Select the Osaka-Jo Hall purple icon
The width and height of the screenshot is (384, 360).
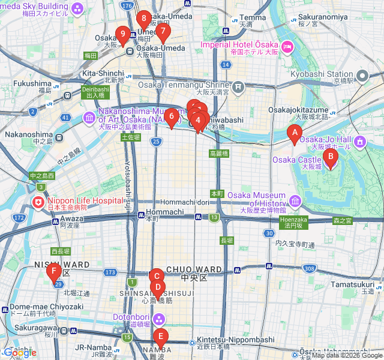(359, 142)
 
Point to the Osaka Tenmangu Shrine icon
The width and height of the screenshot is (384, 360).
(238, 89)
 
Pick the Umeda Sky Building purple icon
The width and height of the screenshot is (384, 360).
(77, 8)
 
